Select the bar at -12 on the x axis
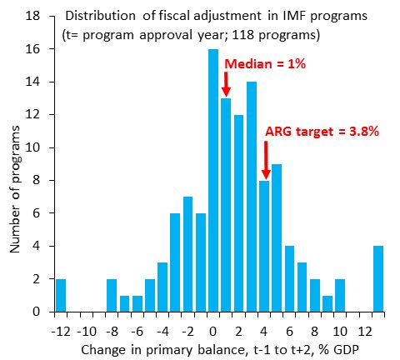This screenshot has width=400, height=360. pos(61,295)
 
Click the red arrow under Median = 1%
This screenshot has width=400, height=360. pos(225,83)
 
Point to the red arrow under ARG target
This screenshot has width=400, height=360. pos(265,159)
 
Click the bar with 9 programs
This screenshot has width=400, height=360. pos(277,237)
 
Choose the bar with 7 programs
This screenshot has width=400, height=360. pos(188,254)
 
